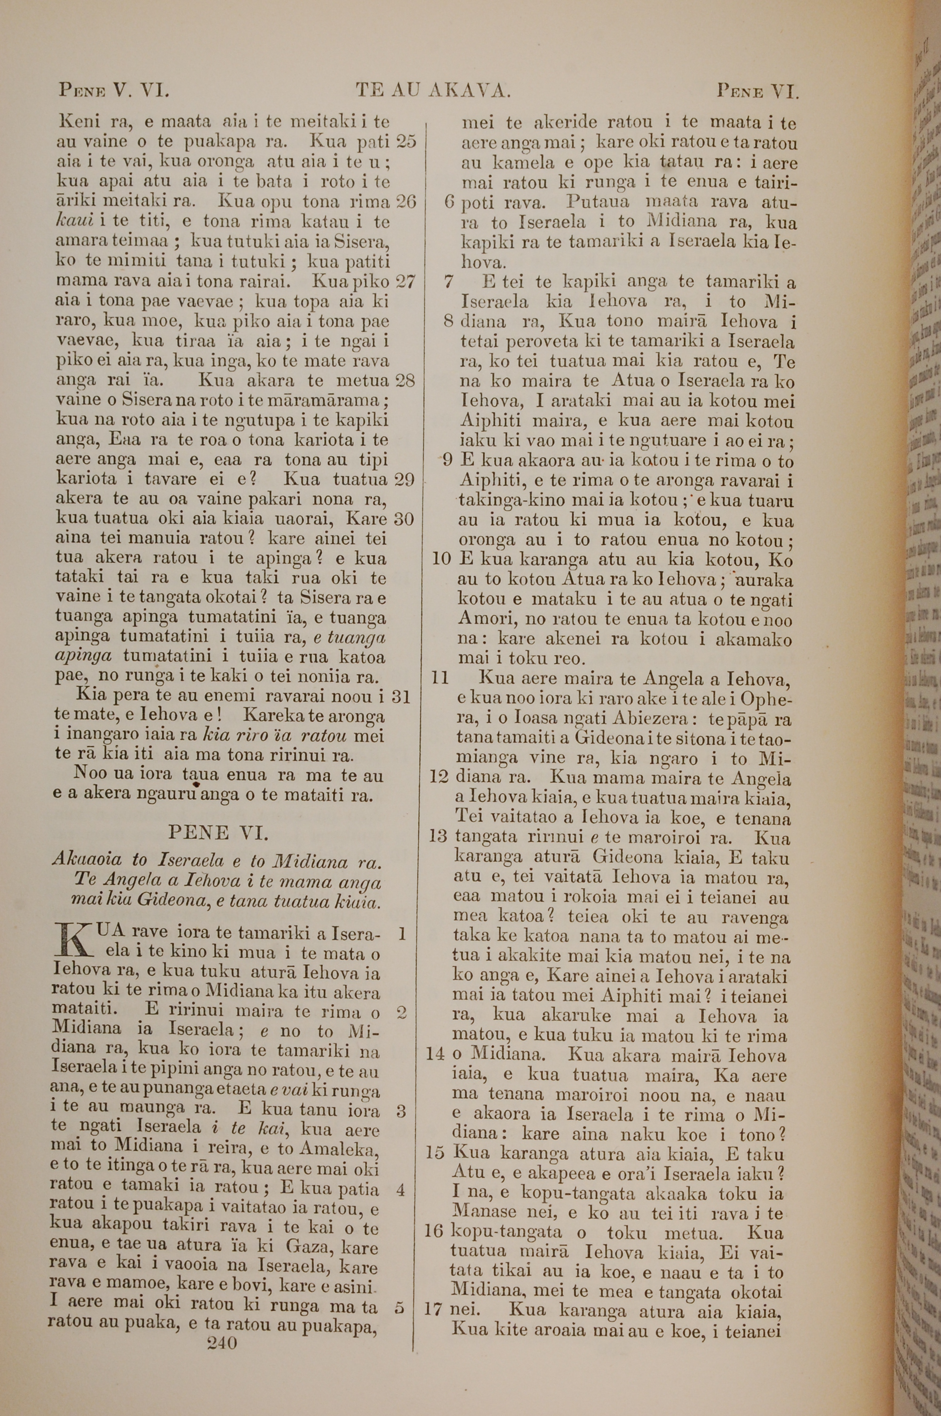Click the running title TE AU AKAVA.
coord(433,91)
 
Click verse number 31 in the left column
coord(401,696)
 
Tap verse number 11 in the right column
coord(441,678)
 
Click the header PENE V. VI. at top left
coord(114,91)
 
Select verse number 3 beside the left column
coord(401,1111)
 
